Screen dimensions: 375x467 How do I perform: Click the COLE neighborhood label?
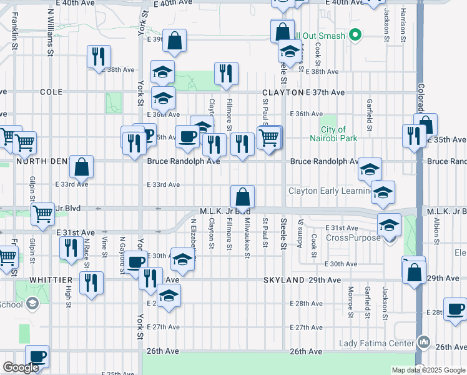[x=51, y=92]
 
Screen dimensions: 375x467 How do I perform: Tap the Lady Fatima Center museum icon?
[x=425, y=342]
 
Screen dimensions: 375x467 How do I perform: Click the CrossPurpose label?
[x=353, y=237]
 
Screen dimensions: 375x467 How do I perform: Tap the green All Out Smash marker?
[x=355, y=36]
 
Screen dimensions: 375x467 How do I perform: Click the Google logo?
[x=21, y=367]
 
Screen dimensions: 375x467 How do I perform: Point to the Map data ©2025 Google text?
[x=428, y=370]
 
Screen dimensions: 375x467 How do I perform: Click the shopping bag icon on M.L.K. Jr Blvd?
[x=242, y=197]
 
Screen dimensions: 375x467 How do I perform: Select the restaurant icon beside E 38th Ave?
[x=99, y=57]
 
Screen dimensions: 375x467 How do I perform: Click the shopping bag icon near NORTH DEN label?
[x=81, y=167]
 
